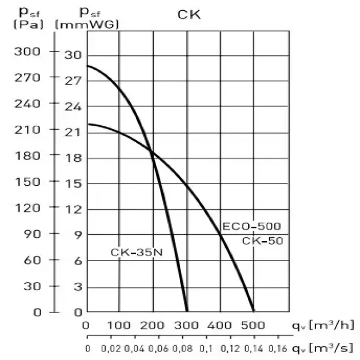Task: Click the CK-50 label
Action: tap(262, 241)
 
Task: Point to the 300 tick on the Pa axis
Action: tap(28, 51)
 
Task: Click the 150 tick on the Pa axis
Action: tap(28, 182)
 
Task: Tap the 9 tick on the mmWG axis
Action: tap(78, 234)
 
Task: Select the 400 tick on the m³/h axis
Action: tap(219, 326)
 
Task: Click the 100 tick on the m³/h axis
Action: tap(119, 326)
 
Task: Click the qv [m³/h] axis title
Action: tap(322, 325)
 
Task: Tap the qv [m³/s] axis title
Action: tap(322, 347)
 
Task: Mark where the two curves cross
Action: tap(151, 151)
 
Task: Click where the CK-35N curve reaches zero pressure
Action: tap(187, 311)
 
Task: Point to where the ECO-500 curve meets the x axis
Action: tap(254, 311)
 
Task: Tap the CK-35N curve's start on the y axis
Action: tap(86, 66)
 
